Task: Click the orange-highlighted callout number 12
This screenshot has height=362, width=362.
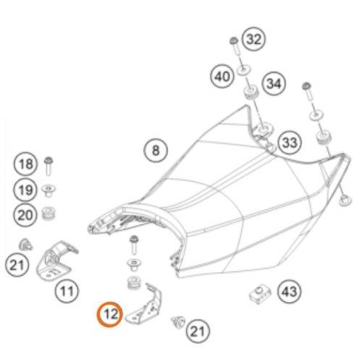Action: pos(110,314)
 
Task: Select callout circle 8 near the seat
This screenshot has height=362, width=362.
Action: pos(156,151)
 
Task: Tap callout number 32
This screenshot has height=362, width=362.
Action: pos(253,39)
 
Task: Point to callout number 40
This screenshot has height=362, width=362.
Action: pos(222,76)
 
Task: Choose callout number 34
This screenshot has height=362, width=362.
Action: pos(274,83)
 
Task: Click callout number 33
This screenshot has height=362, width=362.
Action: pos(290,143)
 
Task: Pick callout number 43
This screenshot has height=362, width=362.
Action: pos(290,292)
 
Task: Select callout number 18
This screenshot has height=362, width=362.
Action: pos(25,164)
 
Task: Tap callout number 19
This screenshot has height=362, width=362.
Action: pos(25,190)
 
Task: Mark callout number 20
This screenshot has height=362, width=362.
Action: pos(25,215)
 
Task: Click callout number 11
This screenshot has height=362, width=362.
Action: pos(67,291)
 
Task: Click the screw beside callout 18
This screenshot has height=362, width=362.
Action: pos(49,166)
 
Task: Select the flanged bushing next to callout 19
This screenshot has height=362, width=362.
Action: pos(49,190)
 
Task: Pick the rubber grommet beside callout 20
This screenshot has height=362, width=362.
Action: pos(49,213)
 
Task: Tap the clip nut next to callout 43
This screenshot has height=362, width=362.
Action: pos(260,294)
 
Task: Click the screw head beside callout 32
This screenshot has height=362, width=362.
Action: pos(233,41)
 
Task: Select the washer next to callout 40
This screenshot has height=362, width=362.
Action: pos(244,70)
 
